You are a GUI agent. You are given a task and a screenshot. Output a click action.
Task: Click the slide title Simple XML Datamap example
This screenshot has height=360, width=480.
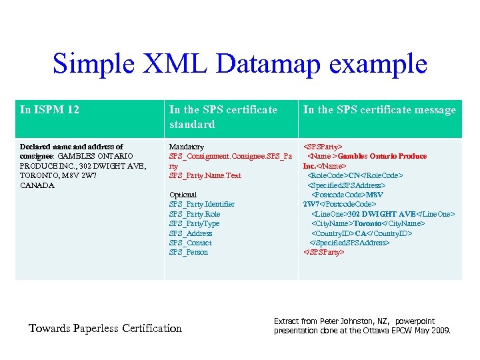pyautogui.click(x=239, y=63)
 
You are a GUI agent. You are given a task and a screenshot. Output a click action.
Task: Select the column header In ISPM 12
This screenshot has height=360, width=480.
pyautogui.click(x=50, y=109)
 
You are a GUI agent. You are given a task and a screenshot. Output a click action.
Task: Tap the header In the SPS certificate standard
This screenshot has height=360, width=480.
pyautogui.click(x=223, y=117)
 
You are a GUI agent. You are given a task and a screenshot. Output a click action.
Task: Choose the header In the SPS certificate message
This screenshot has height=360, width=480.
pyautogui.click(x=379, y=109)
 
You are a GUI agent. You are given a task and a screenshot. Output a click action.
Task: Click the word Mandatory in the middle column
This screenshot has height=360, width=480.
pyautogui.click(x=187, y=147)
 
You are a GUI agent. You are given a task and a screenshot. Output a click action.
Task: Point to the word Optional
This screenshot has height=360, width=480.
pyautogui.click(x=183, y=195)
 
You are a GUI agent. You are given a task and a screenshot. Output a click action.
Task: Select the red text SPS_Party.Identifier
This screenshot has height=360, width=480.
pyautogui.click(x=202, y=204)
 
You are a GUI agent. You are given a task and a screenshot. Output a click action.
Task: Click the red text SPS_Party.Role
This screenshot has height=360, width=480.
pyautogui.click(x=194, y=214)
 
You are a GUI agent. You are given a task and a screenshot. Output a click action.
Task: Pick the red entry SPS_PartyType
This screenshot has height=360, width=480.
pyautogui.click(x=194, y=223)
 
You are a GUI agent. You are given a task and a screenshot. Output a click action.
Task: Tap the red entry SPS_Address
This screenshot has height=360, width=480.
pyautogui.click(x=191, y=233)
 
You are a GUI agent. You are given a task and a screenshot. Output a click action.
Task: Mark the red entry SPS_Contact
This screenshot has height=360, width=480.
pyautogui.click(x=190, y=243)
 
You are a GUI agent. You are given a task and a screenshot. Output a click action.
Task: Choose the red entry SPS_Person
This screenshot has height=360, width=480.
pyautogui.click(x=189, y=252)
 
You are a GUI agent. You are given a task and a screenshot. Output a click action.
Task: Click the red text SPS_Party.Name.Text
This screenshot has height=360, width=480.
pyautogui.click(x=205, y=175)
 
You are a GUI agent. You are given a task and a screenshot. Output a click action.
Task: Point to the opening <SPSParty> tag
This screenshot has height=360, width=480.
pyautogui.click(x=323, y=147)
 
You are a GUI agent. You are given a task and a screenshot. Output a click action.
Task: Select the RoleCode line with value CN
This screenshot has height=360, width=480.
pyautogui.click(x=355, y=175)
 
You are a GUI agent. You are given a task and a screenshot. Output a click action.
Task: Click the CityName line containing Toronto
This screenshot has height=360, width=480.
pyautogui.click(x=368, y=223)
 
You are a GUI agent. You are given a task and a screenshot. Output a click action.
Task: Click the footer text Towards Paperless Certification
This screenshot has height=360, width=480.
pyautogui.click(x=105, y=327)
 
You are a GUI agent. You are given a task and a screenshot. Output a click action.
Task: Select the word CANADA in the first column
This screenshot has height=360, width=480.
pyautogui.click(x=37, y=185)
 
